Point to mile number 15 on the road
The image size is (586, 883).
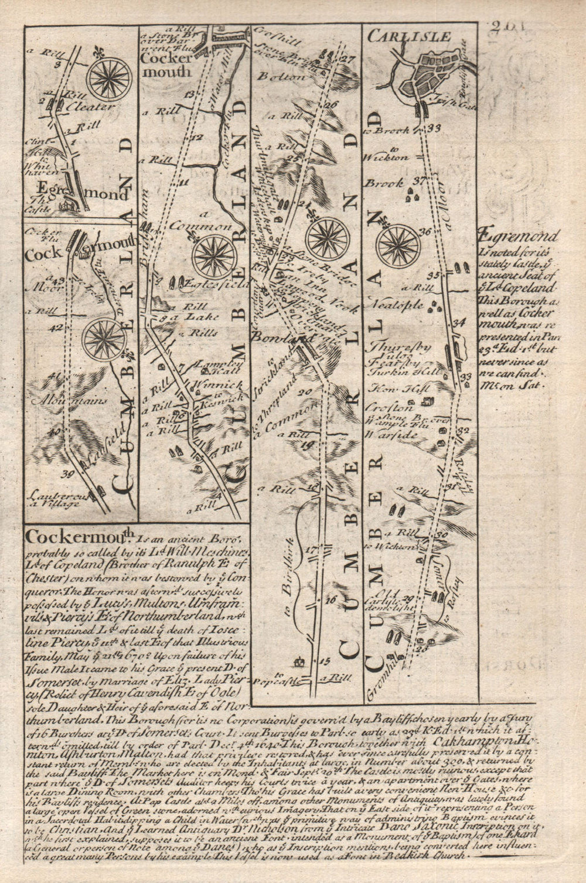click(x=326, y=660)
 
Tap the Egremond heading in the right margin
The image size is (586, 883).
click(x=510, y=237)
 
